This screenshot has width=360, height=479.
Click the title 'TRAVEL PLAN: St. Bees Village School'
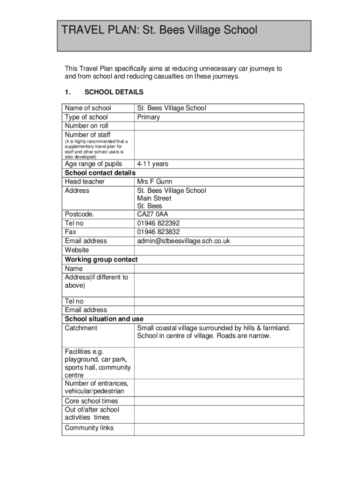159,30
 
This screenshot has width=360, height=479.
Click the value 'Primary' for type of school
148,117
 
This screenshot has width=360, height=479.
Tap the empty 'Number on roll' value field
219,126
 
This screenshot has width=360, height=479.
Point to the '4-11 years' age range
152,164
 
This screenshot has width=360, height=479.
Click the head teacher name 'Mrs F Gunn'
154,181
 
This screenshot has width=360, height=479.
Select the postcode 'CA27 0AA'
152,214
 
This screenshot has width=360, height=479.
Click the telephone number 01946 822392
158,223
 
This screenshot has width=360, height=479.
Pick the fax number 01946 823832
158,232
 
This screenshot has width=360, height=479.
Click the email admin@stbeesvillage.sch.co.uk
183,241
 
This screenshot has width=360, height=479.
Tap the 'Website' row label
77,250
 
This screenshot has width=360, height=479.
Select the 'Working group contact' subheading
101,259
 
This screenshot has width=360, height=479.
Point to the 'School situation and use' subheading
104,319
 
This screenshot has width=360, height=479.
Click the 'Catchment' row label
81,328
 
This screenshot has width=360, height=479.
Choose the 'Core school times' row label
91,401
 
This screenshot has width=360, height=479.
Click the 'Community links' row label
89,428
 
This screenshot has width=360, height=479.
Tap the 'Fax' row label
71,232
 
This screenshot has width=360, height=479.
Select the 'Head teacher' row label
85,181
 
